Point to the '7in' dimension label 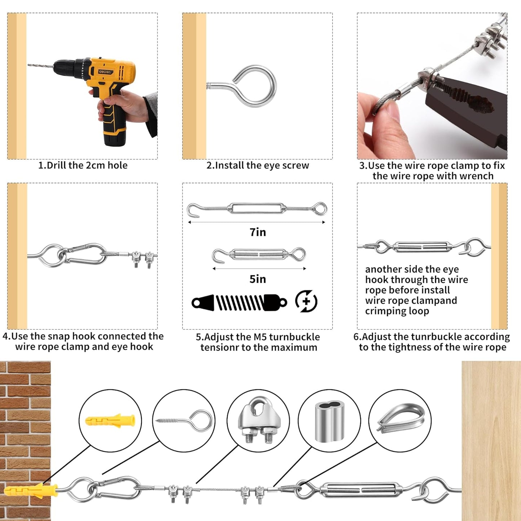258,232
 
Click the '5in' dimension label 258,279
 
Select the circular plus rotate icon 306,301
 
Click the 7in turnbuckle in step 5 257,209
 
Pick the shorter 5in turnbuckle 259,255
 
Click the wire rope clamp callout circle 258,420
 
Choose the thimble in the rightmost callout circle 401,418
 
